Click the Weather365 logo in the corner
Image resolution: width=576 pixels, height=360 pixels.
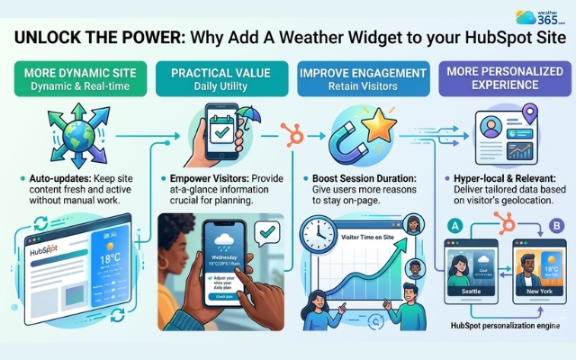pos(543,17)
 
